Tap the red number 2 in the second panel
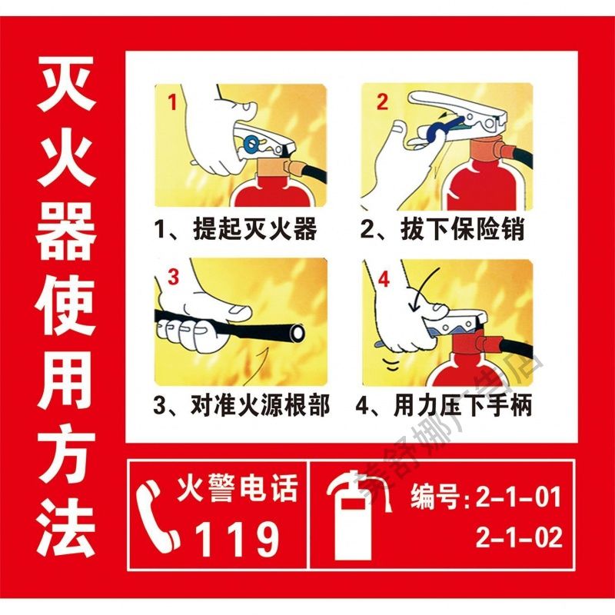pos(383,101)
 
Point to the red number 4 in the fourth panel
pos(383,280)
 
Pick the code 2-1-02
pos(519,537)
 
